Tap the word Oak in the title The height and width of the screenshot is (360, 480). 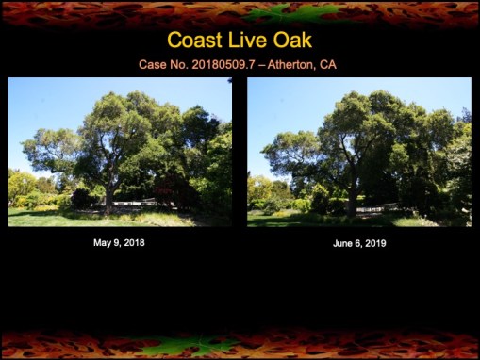292,41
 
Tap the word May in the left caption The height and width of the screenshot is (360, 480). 103,243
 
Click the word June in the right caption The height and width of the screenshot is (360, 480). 345,243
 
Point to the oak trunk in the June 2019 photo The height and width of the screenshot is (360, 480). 351,198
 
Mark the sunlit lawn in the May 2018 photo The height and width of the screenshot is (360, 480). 57,219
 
